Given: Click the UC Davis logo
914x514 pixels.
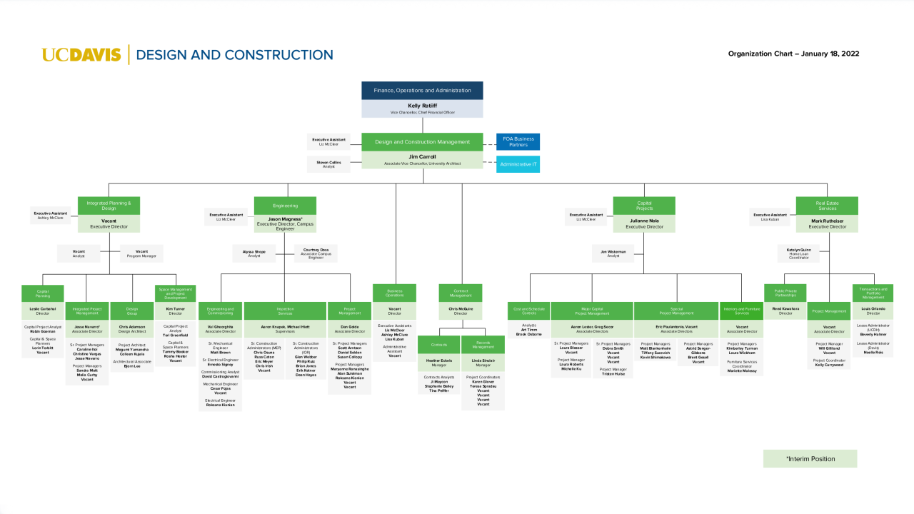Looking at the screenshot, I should coord(81,55).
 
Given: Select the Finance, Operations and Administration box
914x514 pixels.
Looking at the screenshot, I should coord(422,91).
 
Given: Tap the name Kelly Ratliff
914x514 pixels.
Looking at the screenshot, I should coord(422,106).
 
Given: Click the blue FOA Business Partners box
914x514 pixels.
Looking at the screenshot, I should coord(518,141).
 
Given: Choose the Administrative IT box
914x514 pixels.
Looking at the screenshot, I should coord(518,164).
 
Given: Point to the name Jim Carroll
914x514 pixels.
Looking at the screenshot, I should coord(422,156).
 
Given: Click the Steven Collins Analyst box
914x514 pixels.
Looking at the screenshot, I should coord(328,164).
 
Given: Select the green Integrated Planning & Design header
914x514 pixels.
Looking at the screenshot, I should coord(109,206).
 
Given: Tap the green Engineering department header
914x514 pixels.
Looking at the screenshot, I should coord(285,206).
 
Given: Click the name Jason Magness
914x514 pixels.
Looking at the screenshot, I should coord(284,219).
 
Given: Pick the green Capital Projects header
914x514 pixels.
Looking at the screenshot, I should coord(644,206).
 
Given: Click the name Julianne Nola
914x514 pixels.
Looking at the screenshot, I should coord(644,221).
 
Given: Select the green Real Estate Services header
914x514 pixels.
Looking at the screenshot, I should coord(827,206).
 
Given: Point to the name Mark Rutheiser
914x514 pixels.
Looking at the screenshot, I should coord(827,221).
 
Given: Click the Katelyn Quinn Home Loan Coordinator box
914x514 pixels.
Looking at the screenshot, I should coord(798,253).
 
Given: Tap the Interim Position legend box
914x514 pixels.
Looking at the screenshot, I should coord(810,458).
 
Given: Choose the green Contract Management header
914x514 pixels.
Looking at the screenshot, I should coord(461,293).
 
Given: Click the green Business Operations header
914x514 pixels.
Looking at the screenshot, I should coord(394,293).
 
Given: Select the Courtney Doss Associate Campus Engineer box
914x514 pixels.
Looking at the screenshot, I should coord(316,253).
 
